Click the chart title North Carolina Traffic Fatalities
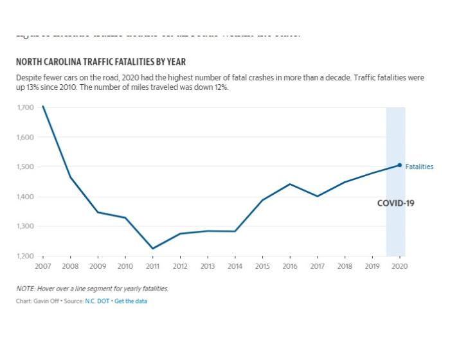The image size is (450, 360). coord(101,62)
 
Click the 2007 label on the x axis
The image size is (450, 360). coord(42,266)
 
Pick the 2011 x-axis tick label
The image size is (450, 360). coord(152,266)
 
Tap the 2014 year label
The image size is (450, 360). coord(235,266)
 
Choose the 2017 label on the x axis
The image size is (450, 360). coord(317,266)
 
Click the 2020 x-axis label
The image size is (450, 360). coord(399,266)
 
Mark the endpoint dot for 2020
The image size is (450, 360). coord(399,165)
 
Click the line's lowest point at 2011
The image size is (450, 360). coord(153,248)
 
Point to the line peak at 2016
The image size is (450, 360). coord(290,184)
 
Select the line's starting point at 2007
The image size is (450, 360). coord(43,106)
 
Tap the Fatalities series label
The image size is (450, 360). coord(419,166)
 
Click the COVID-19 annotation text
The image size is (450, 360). coord(395,203)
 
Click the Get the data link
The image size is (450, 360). coord(130,301)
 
